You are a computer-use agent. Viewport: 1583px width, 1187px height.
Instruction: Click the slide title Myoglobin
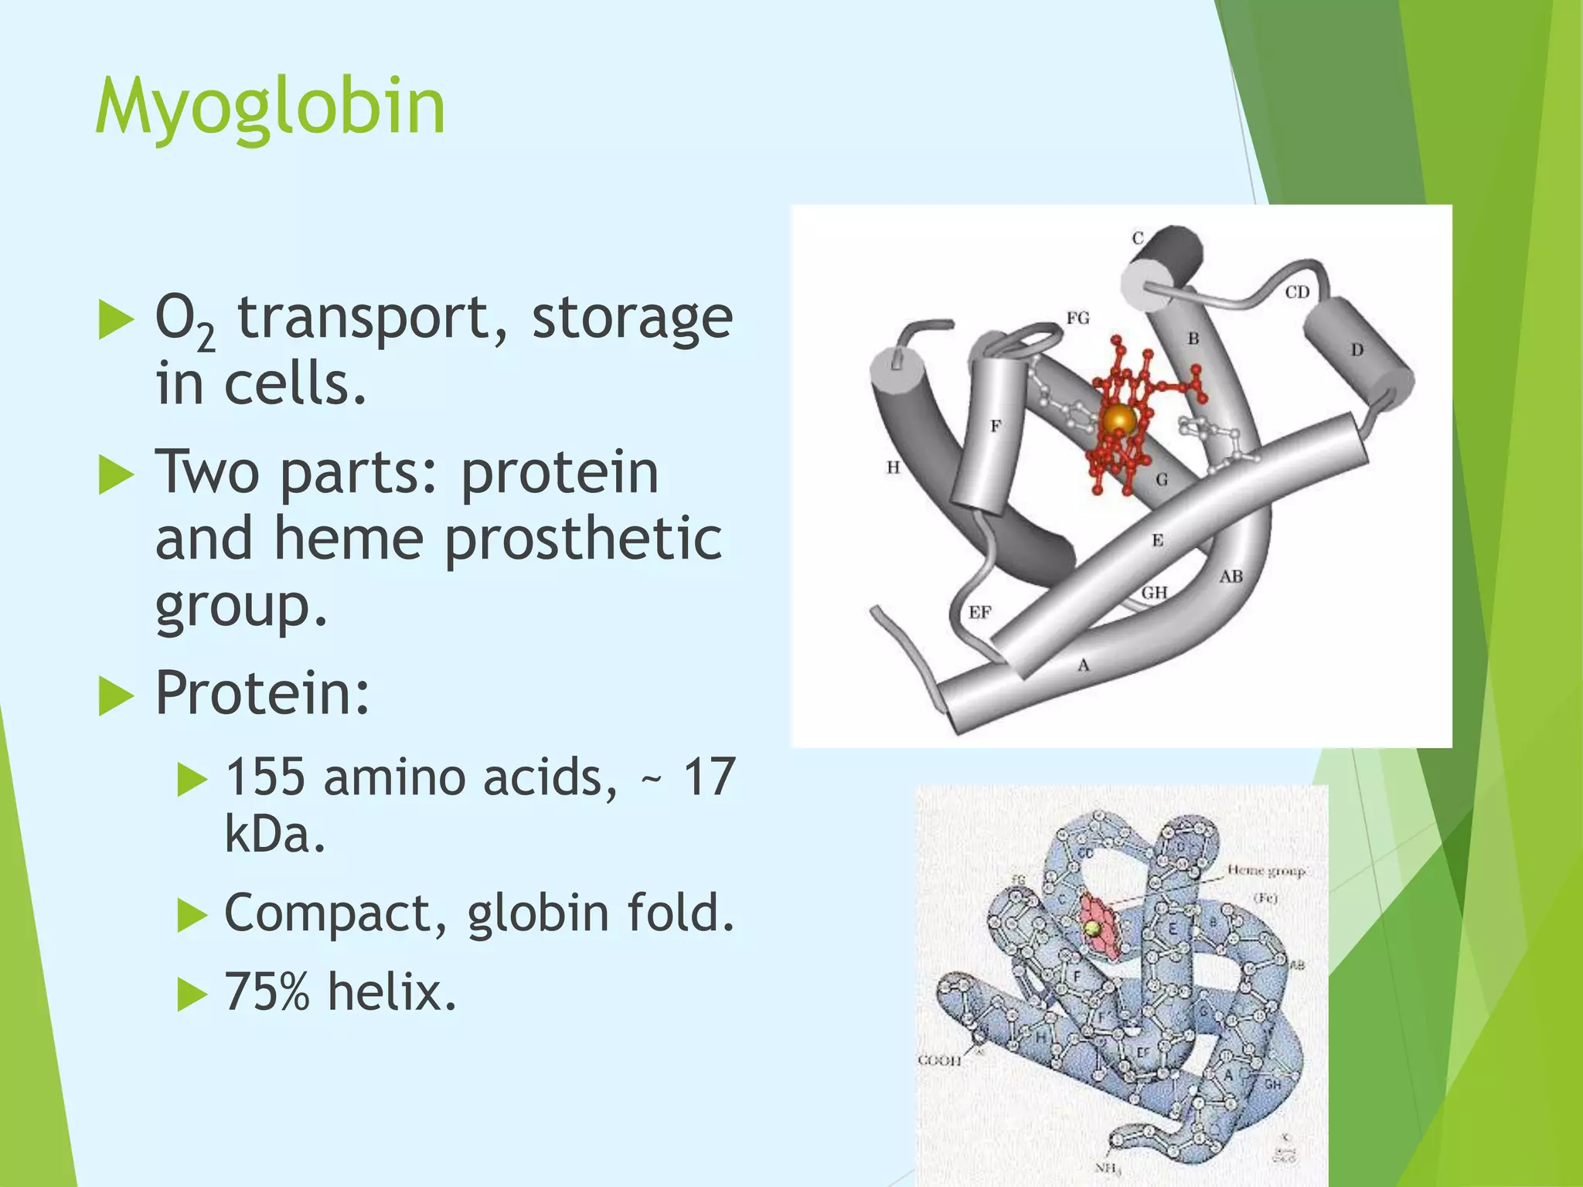click(270, 107)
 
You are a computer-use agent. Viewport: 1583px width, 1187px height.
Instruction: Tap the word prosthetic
click(583, 539)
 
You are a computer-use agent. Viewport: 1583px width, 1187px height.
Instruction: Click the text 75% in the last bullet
click(267, 991)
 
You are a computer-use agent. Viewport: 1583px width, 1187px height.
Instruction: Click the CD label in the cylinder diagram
click(1297, 292)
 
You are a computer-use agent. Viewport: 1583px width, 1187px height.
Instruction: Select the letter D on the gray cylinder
click(1357, 350)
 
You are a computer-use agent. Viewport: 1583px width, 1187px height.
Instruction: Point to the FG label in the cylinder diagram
click(1077, 318)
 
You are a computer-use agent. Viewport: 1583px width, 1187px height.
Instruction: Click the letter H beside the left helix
click(894, 468)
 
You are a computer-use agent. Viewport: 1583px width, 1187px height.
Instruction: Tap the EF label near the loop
click(979, 613)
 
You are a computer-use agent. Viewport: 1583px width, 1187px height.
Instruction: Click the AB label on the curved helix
click(1231, 576)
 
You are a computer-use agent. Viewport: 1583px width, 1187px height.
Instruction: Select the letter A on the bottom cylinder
click(1083, 665)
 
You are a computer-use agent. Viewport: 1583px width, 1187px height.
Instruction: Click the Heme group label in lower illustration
click(1266, 871)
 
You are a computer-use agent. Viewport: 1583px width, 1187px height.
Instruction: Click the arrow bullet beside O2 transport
click(117, 321)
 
